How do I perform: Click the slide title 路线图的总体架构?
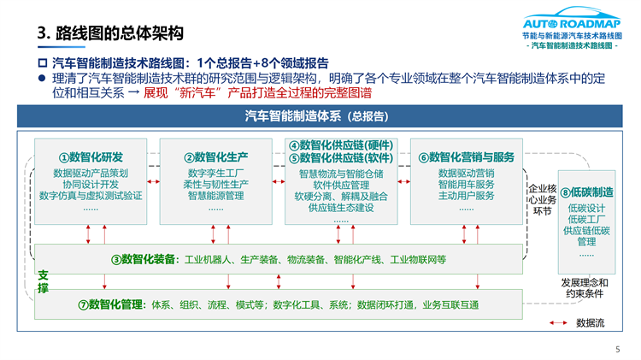(110, 33)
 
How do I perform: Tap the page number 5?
(618, 349)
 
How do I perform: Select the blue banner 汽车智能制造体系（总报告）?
(320, 116)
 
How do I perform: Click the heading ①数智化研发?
(91, 157)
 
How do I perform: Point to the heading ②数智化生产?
(216, 157)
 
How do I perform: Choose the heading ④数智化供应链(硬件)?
(340, 145)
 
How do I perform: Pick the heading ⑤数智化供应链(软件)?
(340, 158)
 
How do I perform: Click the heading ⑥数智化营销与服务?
(466, 157)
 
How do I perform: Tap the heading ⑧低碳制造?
(586, 192)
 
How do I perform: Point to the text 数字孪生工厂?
(216, 173)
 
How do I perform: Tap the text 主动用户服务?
(466, 196)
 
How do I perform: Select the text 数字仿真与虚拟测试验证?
(91, 196)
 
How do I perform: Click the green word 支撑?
(43, 282)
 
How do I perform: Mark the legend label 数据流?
(591, 323)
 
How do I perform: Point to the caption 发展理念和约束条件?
(585, 288)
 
